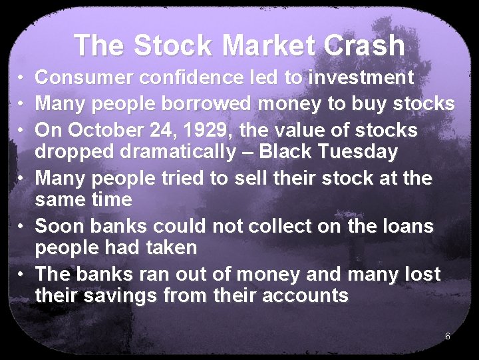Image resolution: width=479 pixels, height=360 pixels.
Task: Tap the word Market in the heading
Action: [270, 45]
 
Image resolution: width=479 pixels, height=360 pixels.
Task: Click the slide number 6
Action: [448, 336]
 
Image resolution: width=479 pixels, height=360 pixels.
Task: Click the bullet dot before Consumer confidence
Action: [21, 79]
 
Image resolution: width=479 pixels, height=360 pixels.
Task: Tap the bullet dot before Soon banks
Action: [21, 227]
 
